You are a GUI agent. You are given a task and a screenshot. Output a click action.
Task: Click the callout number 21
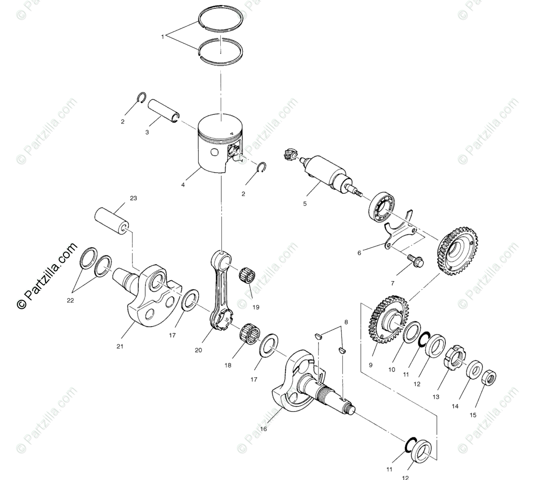point(120,346)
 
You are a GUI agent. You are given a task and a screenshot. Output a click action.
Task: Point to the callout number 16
point(264,429)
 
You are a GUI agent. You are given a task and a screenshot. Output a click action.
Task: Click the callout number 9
point(371,365)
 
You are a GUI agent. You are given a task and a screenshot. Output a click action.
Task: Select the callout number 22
point(70,300)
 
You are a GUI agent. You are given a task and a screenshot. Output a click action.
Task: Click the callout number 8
point(346,322)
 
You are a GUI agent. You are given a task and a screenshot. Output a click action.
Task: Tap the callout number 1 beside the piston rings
point(163,36)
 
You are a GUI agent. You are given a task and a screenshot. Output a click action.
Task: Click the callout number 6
point(359,253)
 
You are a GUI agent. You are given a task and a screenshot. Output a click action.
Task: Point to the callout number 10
point(391,369)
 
